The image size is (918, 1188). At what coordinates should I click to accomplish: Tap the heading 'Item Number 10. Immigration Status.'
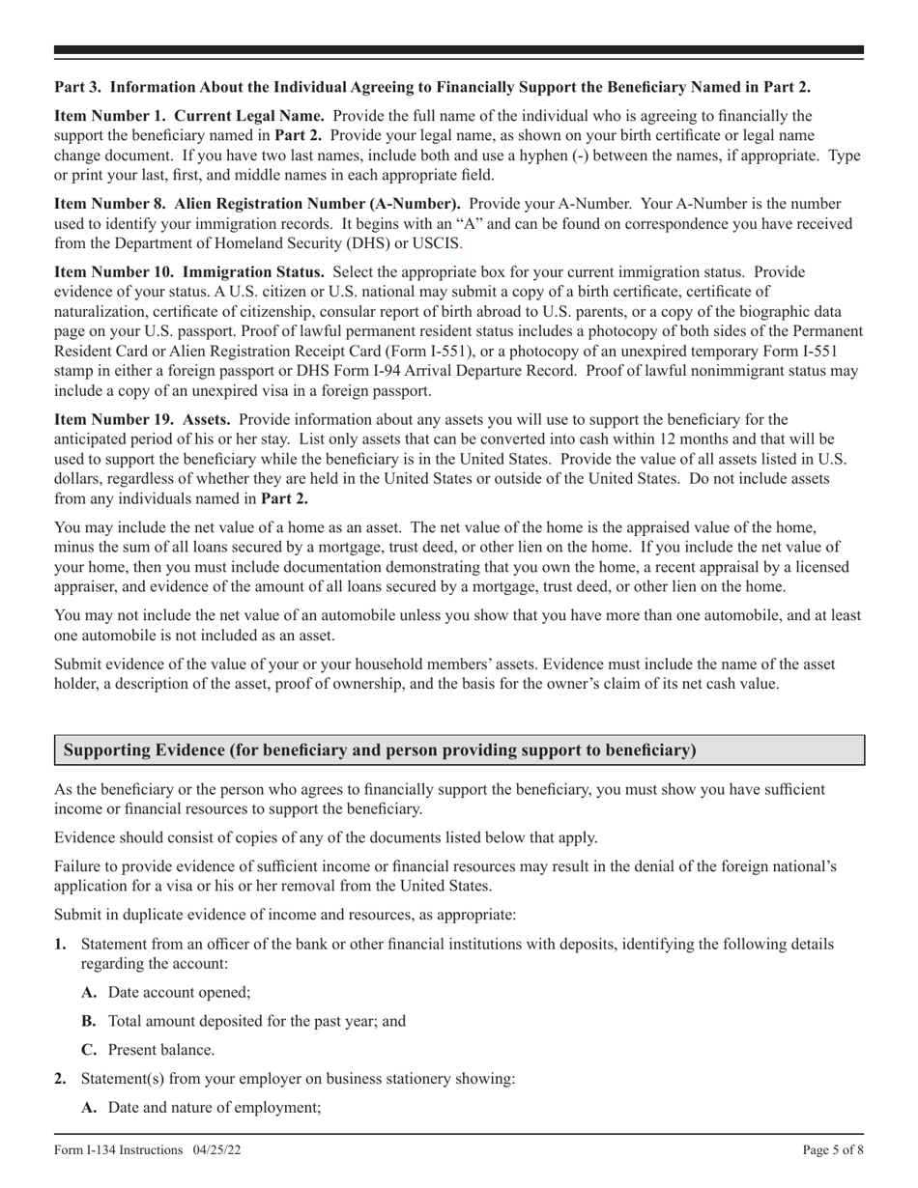pyautogui.click(x=189, y=272)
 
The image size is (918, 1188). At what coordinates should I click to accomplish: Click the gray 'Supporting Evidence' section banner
pyautogui.click(x=459, y=750)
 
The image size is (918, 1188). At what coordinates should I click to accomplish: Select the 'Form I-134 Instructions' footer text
pyautogui.click(x=119, y=1150)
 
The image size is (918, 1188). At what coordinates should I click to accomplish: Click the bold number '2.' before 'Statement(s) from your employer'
pyautogui.click(x=61, y=1079)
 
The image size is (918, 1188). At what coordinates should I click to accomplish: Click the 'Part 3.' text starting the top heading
pyautogui.click(x=76, y=86)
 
